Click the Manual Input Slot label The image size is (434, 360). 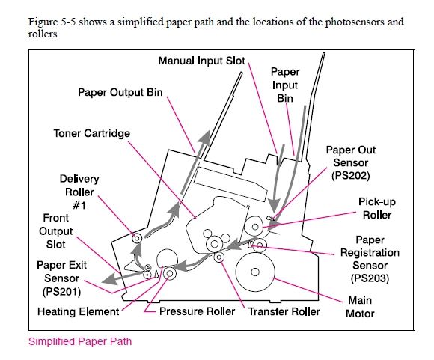(201, 61)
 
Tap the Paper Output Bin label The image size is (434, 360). (120, 92)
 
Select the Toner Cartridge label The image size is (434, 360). (91, 133)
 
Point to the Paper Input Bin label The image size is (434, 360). (285, 85)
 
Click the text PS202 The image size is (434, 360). (351, 176)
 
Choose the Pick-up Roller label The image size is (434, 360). (377, 208)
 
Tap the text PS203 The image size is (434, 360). (370, 278)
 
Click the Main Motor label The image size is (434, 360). (360, 307)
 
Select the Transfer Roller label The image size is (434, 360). (284, 311)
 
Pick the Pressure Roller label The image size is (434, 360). (197, 311)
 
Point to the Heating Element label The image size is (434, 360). (78, 311)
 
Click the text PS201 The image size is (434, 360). (61, 291)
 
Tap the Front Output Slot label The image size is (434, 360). (55, 231)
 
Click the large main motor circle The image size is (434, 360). (255, 272)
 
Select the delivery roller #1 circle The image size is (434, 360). (137, 238)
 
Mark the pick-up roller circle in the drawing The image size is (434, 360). (255, 227)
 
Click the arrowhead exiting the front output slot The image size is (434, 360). (109, 278)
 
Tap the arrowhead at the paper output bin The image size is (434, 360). (205, 138)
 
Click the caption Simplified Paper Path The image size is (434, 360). (80, 341)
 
